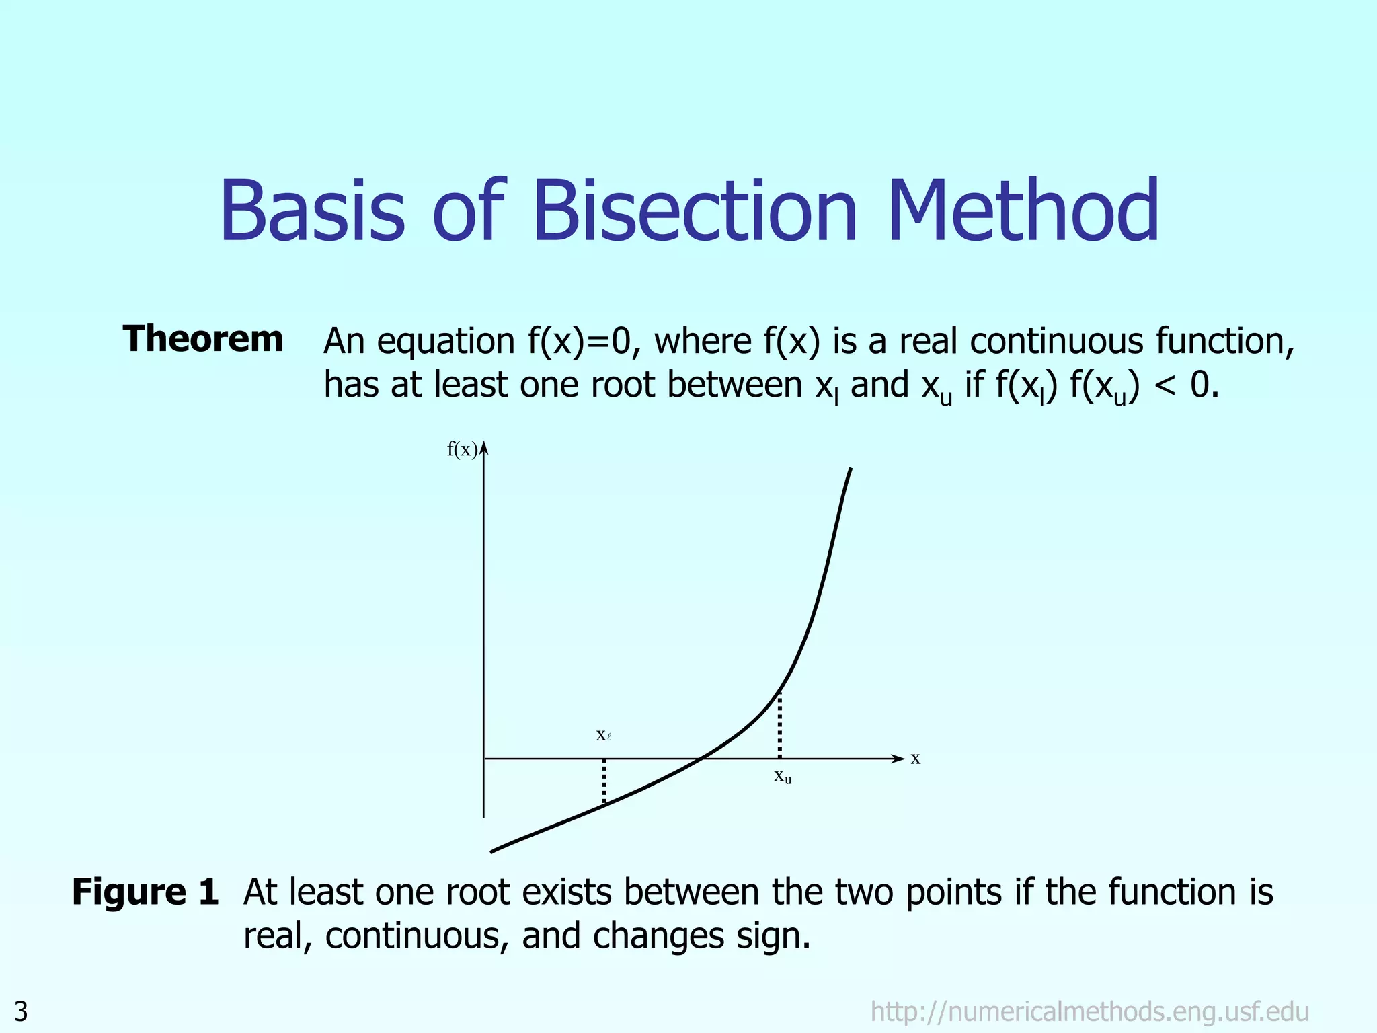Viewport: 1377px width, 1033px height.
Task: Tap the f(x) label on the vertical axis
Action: (x=461, y=449)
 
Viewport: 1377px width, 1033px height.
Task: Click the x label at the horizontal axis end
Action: (x=915, y=759)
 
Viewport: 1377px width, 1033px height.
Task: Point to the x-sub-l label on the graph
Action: (x=603, y=735)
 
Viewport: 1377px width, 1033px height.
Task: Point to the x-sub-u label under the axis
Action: (x=783, y=777)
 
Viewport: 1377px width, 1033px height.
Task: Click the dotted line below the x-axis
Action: (x=604, y=781)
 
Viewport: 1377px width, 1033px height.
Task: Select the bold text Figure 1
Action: (x=145, y=892)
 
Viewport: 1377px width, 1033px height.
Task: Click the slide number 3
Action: (x=21, y=1011)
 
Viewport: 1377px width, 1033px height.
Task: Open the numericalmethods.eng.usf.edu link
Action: (x=1089, y=1011)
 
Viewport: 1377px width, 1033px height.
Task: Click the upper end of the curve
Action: (x=851, y=470)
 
